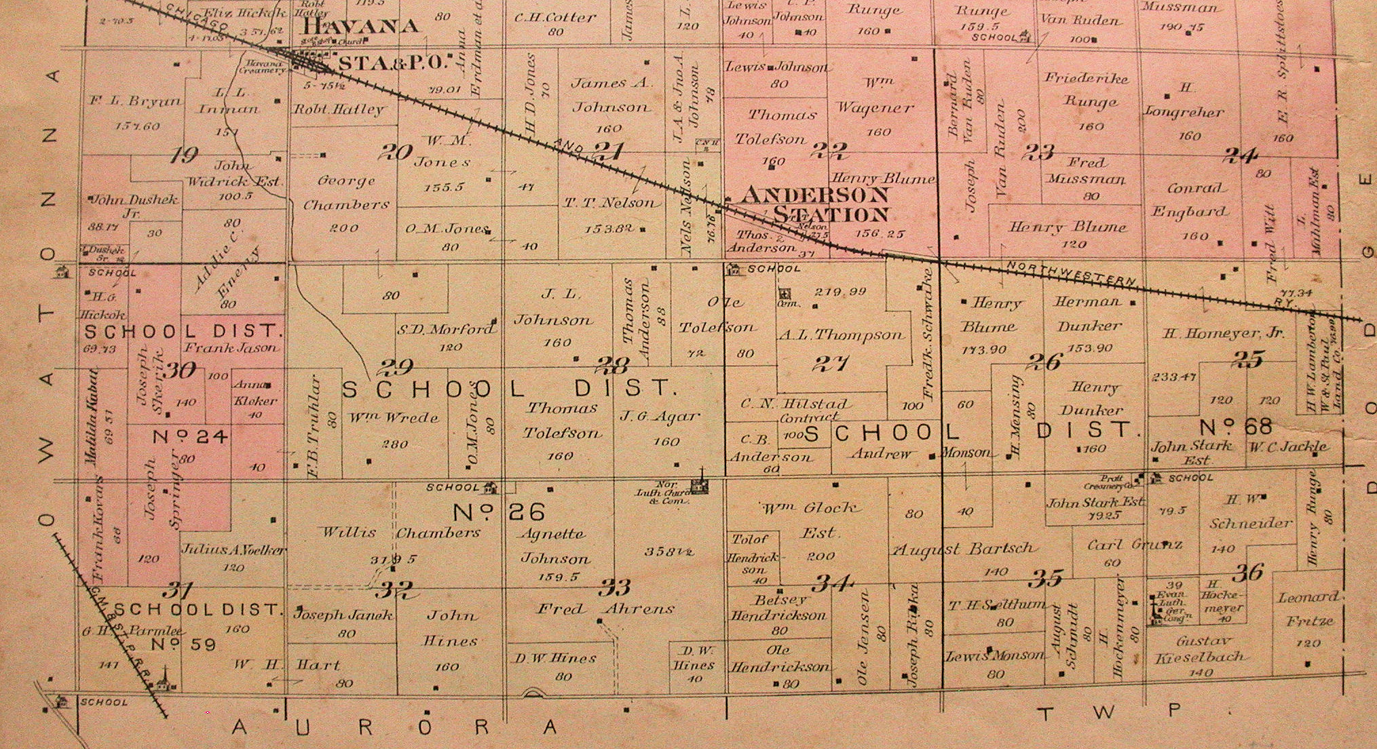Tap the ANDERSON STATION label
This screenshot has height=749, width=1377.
pos(814,204)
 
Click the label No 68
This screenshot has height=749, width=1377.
pos(1235,428)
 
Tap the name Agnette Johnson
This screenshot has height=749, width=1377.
pos(554,546)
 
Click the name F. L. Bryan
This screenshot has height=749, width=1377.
pos(136,102)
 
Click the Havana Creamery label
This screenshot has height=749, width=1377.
pos(261,66)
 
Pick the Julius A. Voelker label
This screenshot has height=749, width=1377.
pos(233,550)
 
